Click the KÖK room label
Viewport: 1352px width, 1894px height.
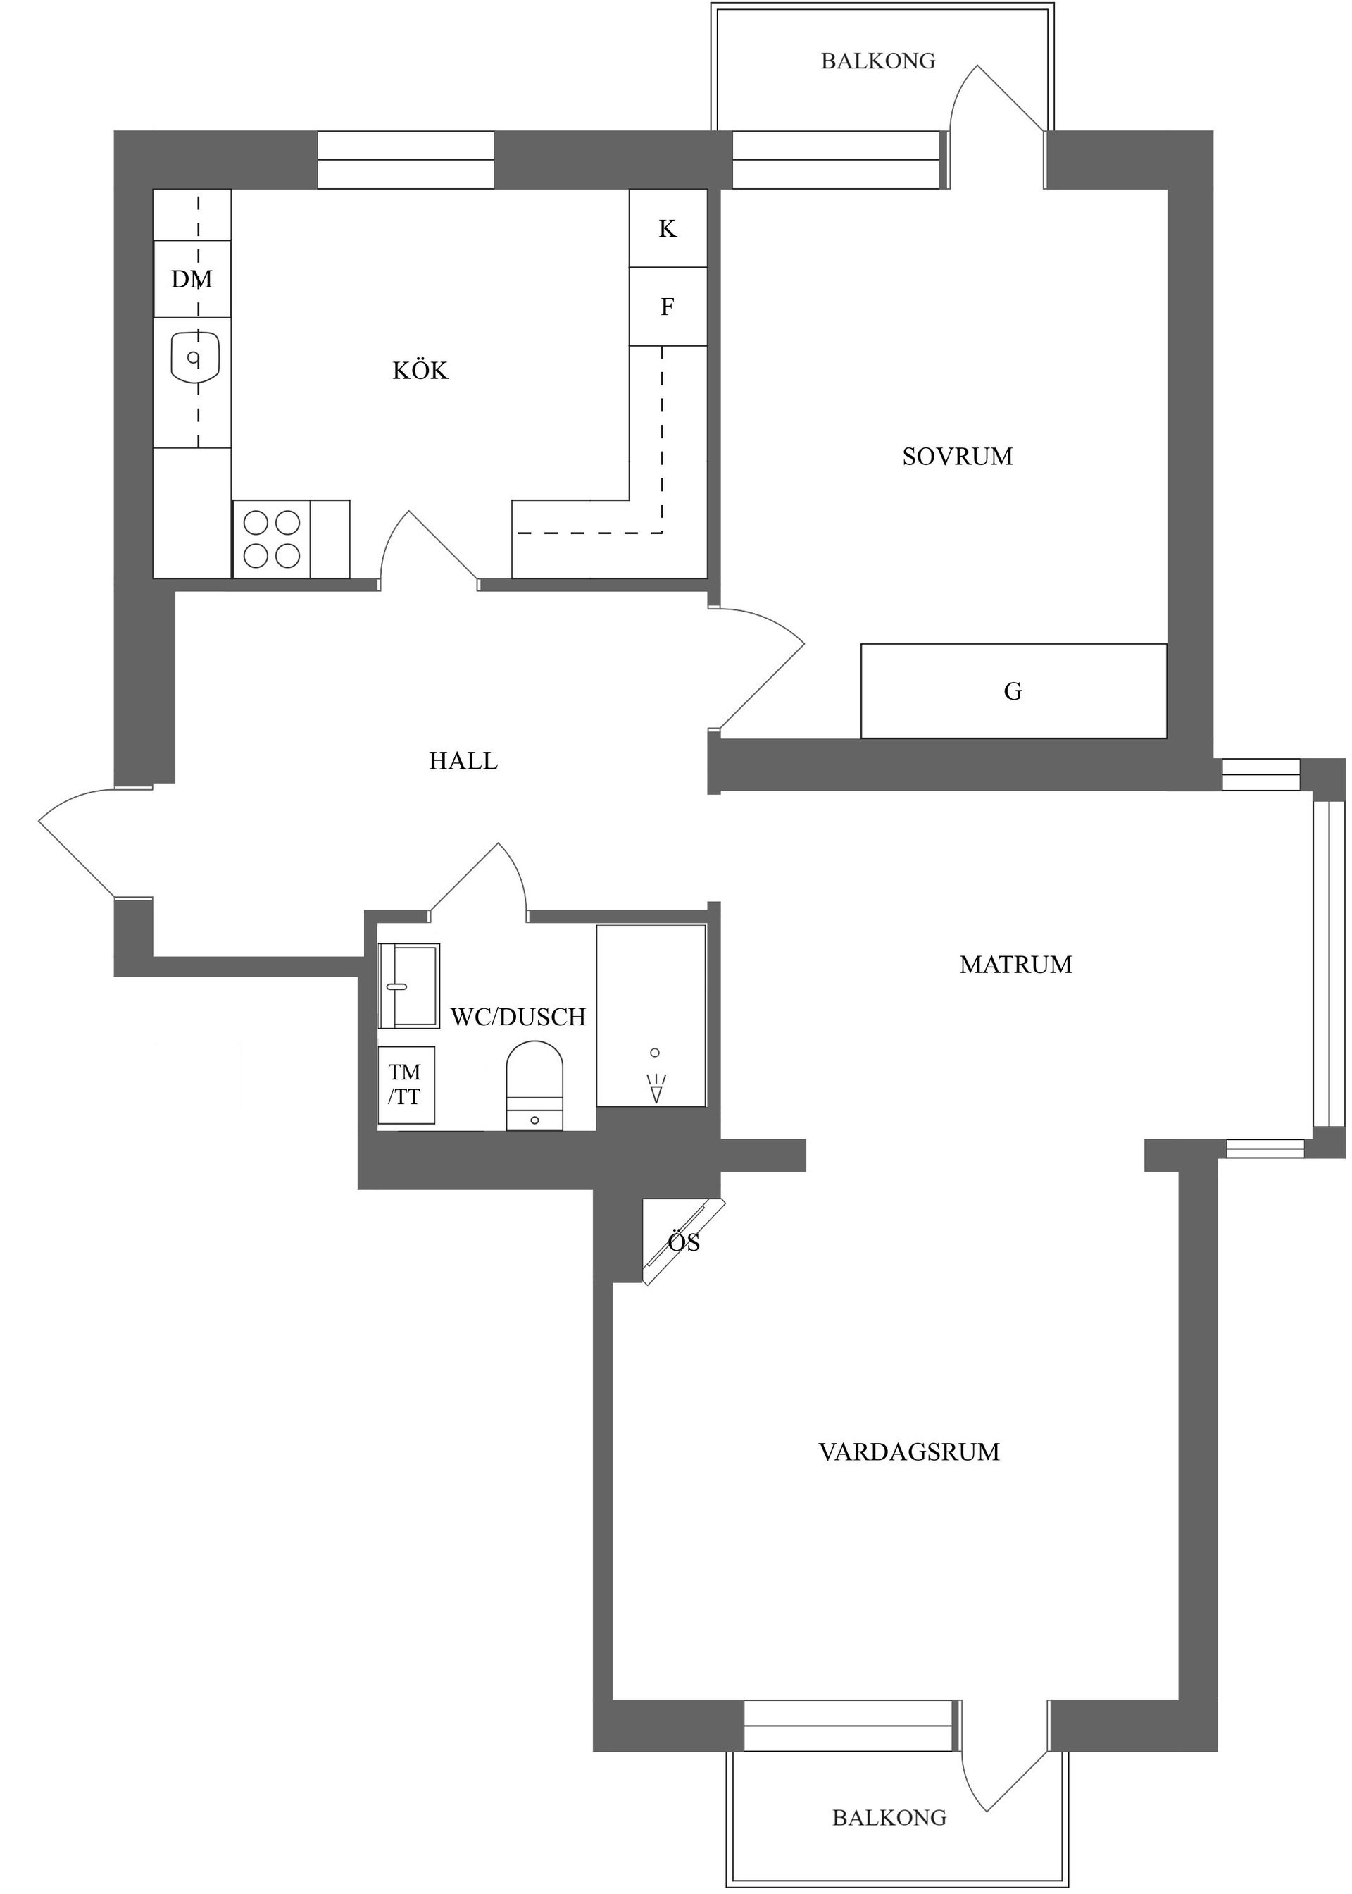click(x=420, y=371)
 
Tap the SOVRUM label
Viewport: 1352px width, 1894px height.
click(x=958, y=457)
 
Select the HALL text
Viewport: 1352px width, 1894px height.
click(x=463, y=760)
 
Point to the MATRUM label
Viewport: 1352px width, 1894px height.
click(x=1015, y=965)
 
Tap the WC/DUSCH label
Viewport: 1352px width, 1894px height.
click(x=518, y=1016)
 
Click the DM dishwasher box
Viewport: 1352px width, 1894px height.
click(x=192, y=279)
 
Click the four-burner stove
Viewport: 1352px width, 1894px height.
click(x=271, y=539)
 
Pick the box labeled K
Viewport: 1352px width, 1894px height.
click(x=668, y=228)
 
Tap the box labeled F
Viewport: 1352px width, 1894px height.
click(x=668, y=307)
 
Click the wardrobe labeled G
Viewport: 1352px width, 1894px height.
click(x=1013, y=691)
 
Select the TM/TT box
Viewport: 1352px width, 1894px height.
click(x=406, y=1084)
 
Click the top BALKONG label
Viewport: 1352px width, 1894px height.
click(x=877, y=61)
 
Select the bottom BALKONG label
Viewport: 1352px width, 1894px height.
click(x=889, y=1817)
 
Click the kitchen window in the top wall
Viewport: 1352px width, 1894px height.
click(x=406, y=160)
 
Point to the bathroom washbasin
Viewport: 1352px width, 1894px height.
click(x=408, y=986)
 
